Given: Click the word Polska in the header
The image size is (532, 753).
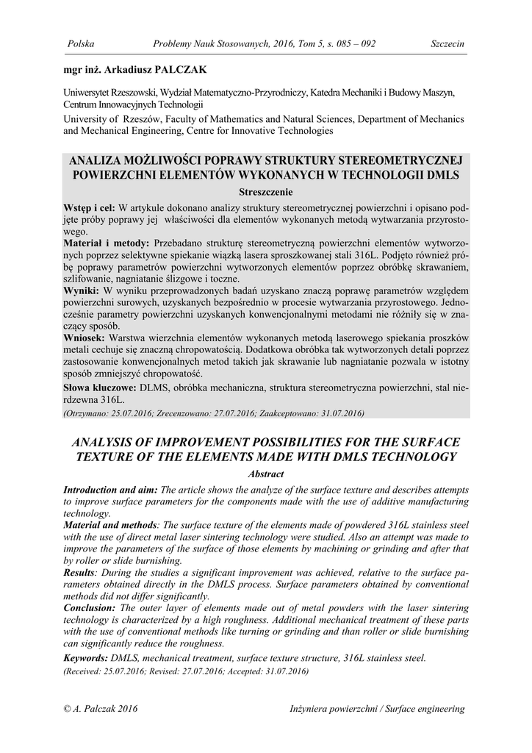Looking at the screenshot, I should (81, 44).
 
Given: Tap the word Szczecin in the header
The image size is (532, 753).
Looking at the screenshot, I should (447, 44).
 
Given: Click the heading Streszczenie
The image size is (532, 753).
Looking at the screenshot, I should (266, 190).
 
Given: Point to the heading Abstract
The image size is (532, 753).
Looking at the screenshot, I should (266, 474).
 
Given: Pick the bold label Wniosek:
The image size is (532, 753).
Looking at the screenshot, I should (87, 337).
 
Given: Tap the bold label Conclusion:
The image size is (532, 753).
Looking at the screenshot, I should (90, 607).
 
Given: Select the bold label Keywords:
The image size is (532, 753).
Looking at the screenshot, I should (86, 657).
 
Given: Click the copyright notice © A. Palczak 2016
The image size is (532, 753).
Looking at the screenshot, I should (101, 709).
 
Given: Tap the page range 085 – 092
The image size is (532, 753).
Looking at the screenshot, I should (352, 44).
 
